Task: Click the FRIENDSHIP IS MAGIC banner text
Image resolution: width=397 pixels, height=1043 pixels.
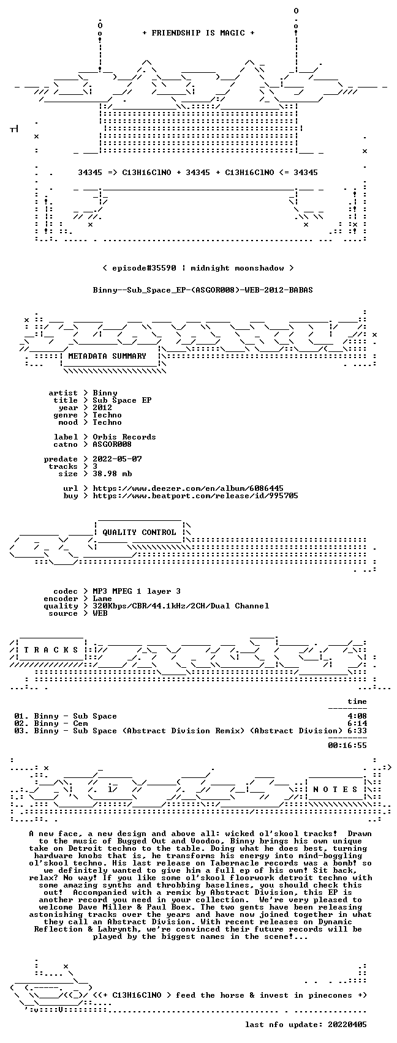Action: click(x=198, y=32)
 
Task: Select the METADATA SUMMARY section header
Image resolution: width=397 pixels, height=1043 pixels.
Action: click(x=107, y=356)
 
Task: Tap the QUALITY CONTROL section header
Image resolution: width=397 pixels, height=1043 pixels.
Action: click(x=139, y=532)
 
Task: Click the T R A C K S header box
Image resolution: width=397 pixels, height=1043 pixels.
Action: click(x=51, y=649)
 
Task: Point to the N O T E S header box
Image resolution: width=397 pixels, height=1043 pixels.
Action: click(x=336, y=789)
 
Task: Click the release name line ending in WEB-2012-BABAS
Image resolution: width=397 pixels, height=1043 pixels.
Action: click(x=203, y=290)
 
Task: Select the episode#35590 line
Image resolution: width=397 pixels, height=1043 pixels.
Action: click(x=198, y=267)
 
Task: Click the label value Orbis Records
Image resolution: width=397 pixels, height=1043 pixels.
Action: click(x=124, y=437)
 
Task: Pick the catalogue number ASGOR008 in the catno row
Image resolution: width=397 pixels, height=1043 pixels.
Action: click(x=112, y=444)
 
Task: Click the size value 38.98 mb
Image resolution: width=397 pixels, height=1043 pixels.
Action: click(x=112, y=474)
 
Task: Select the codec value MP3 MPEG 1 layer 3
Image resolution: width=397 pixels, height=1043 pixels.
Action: click(x=137, y=591)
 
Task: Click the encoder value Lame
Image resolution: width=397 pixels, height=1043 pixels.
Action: click(x=102, y=599)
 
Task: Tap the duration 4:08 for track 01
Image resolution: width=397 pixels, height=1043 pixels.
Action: click(x=357, y=716)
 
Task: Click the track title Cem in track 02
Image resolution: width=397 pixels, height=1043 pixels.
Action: click(x=80, y=723)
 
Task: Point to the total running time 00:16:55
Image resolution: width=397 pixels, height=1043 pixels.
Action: click(x=347, y=745)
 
